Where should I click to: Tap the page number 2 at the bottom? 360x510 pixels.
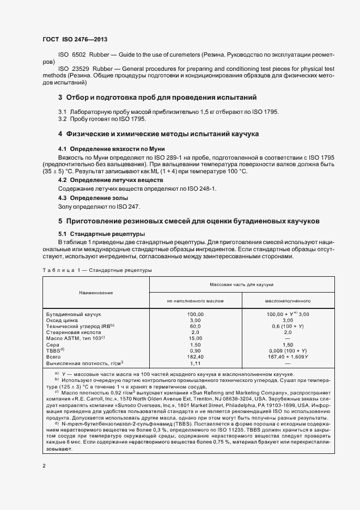44,466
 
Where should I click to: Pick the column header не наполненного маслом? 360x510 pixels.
195,300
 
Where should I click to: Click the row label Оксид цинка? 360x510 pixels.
63,320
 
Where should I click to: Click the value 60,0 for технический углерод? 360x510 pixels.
195,326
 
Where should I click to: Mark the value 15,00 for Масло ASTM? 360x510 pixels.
195,338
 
